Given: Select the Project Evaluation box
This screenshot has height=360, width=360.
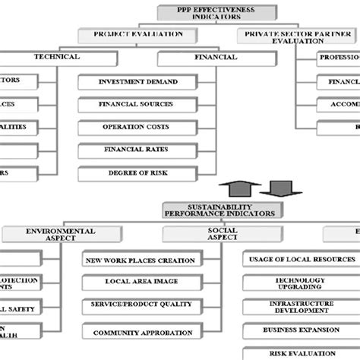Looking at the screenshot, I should coord(138,34).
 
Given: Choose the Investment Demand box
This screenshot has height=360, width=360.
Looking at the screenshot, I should coord(138,81).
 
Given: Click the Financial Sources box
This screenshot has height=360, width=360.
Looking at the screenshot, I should coord(138,104).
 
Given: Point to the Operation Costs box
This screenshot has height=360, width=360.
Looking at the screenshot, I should coord(138,127).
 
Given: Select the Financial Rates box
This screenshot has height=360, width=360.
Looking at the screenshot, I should coord(138,150).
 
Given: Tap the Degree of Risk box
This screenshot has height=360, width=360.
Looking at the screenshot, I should coord(138,172).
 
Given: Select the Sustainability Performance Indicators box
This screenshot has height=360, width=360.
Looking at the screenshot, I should coord(221,210).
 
